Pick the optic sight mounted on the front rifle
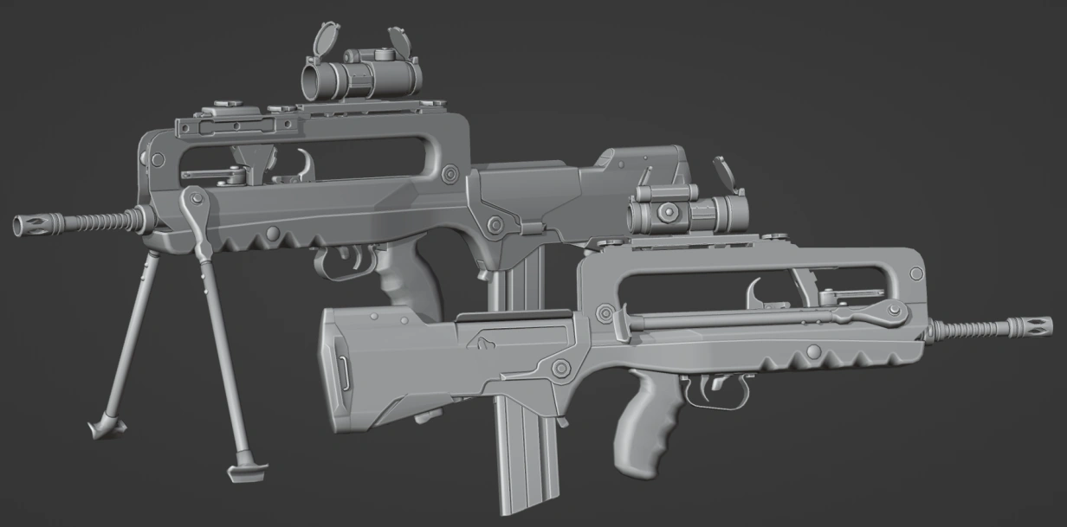(684, 210)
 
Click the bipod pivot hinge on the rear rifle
(194, 206)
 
